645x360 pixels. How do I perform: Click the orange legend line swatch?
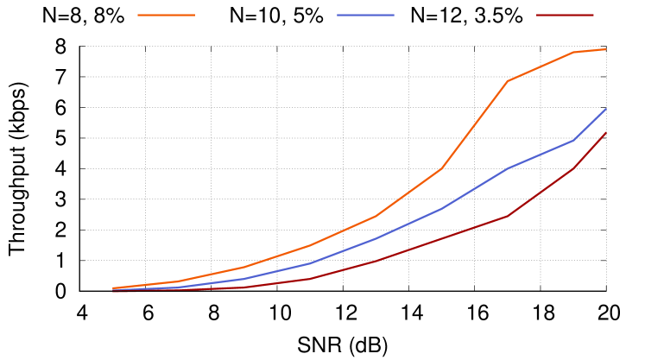pos(166,15)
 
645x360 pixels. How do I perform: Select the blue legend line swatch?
pos(365,15)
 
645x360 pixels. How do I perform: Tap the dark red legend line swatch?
pos(565,15)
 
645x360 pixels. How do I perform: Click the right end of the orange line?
pos(605,49)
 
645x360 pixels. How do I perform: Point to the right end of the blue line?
pos(605,109)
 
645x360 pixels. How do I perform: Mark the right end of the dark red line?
pos(605,133)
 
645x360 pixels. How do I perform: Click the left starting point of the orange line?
pos(113,287)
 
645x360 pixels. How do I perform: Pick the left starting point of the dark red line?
pos(113,292)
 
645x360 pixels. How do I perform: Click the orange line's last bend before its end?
pos(573,52)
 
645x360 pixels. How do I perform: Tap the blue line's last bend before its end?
pos(573,140)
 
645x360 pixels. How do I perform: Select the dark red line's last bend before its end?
pos(573,168)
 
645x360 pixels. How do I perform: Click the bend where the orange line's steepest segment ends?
pos(508,81)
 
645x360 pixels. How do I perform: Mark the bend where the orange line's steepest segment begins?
pos(441,168)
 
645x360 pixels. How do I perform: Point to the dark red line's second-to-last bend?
pos(508,216)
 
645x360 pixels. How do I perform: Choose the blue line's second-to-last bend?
pos(508,168)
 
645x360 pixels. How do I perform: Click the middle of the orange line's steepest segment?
pos(475,124)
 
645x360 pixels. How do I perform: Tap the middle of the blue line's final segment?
pos(590,124)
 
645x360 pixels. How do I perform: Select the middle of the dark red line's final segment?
pos(590,150)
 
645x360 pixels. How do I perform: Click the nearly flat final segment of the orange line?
pos(590,50)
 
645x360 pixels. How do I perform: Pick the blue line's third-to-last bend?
pos(441,209)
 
